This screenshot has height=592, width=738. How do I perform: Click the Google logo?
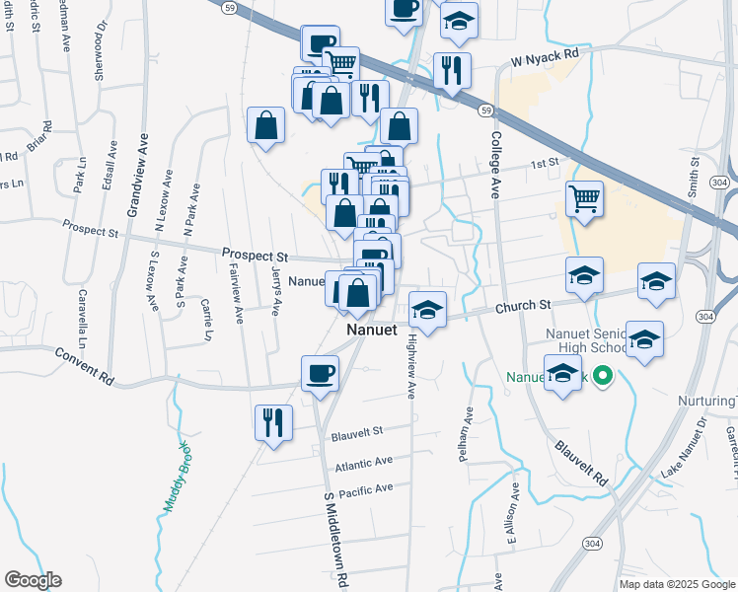pos(33,580)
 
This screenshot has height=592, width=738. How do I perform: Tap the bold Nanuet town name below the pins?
pos(371,330)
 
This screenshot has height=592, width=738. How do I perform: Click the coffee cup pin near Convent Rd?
pos(319,373)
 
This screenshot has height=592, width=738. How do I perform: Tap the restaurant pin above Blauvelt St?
pos(273,421)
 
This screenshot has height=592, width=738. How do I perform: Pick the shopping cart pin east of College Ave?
pos(584,198)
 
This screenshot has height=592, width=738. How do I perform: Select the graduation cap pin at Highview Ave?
pos(427,310)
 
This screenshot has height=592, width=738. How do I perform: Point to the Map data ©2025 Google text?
pos(676,584)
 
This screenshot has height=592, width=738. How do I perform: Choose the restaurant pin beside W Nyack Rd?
pos(452,70)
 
